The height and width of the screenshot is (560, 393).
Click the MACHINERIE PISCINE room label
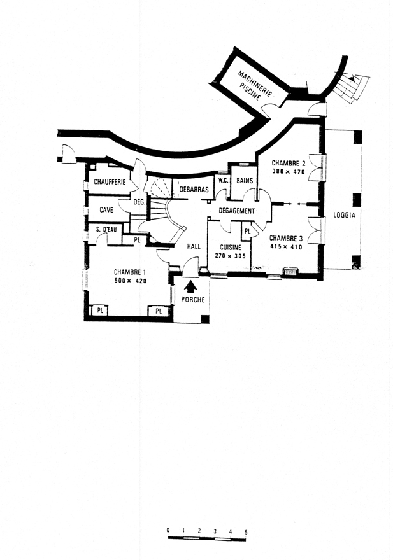coord(255,85)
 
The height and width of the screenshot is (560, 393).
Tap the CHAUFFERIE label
coord(110,182)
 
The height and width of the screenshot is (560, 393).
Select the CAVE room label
coord(106,209)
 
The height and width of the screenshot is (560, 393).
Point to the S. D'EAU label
coord(106,230)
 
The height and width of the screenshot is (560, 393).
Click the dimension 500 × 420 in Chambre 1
coord(130,281)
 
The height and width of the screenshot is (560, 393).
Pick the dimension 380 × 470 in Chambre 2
coord(288,172)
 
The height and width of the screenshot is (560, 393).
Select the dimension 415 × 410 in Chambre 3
coord(286,247)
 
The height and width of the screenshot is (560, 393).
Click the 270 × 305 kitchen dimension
coord(231,256)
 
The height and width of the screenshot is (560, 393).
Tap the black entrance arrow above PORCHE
coord(192,286)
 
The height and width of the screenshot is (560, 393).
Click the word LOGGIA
coord(344,215)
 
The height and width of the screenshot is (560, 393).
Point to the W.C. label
coord(223,181)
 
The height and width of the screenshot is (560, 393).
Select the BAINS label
coord(245,181)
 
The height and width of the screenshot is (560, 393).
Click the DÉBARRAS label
coord(194,189)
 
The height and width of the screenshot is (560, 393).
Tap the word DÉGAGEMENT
coord(237,211)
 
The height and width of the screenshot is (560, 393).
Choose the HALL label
coord(194,246)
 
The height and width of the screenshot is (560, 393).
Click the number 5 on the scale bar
coord(246,532)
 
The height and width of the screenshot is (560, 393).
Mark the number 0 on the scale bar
coord(168,530)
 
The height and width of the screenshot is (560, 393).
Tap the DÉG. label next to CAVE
coord(139,202)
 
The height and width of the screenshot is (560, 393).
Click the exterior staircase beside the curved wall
coord(350,88)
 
